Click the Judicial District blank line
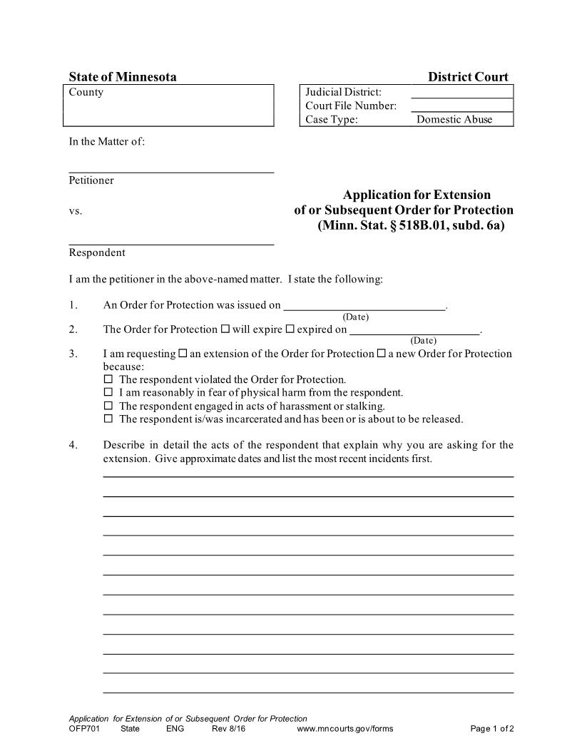[x=461, y=93]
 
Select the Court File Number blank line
[x=461, y=106]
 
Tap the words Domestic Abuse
[x=454, y=120]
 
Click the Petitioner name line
[x=171, y=167]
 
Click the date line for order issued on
[x=364, y=306]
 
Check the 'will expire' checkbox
[x=225, y=329]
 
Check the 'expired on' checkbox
[x=290, y=329]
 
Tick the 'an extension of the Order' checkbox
[x=183, y=354]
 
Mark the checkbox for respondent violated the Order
[x=109, y=379]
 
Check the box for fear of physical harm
[x=109, y=392]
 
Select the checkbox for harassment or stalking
[x=109, y=406]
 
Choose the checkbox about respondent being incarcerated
[x=109, y=419]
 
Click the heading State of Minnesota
[x=123, y=77]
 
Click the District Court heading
[x=468, y=77]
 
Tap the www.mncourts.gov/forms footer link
[x=344, y=729]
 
